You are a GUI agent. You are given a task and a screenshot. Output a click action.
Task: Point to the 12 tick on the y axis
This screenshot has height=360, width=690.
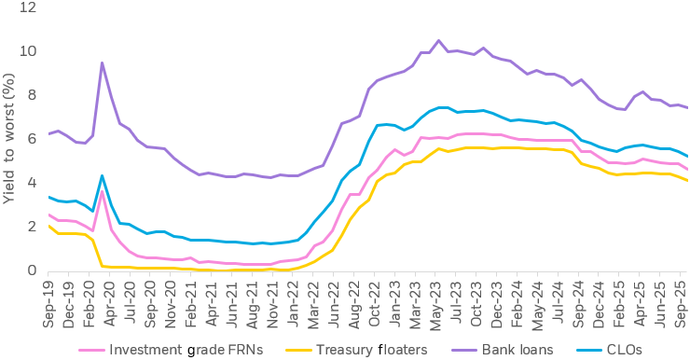(x=30, y=7)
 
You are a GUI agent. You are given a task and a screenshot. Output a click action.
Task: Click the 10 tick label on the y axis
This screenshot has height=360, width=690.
(x=30, y=51)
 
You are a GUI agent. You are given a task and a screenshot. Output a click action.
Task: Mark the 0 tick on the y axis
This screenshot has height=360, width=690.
(x=34, y=271)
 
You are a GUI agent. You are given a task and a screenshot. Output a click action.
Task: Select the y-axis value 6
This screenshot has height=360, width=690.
(x=34, y=139)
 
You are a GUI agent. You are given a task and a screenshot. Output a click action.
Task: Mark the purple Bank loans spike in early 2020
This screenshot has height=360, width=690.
(x=102, y=62)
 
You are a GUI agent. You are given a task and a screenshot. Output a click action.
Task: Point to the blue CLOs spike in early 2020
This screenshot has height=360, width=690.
(x=102, y=175)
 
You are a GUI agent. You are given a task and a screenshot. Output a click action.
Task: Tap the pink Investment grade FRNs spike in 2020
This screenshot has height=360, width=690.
(x=102, y=192)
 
